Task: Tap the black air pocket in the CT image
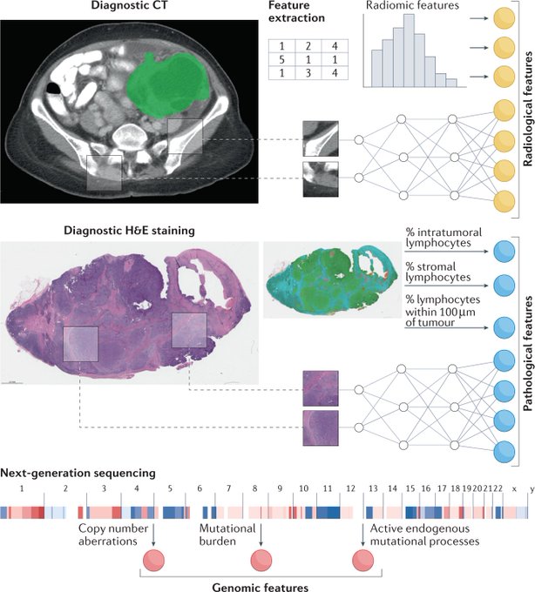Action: click(x=55, y=88)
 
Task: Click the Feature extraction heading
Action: click(x=297, y=14)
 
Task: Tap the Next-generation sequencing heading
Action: click(x=78, y=473)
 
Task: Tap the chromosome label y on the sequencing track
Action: click(x=530, y=489)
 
